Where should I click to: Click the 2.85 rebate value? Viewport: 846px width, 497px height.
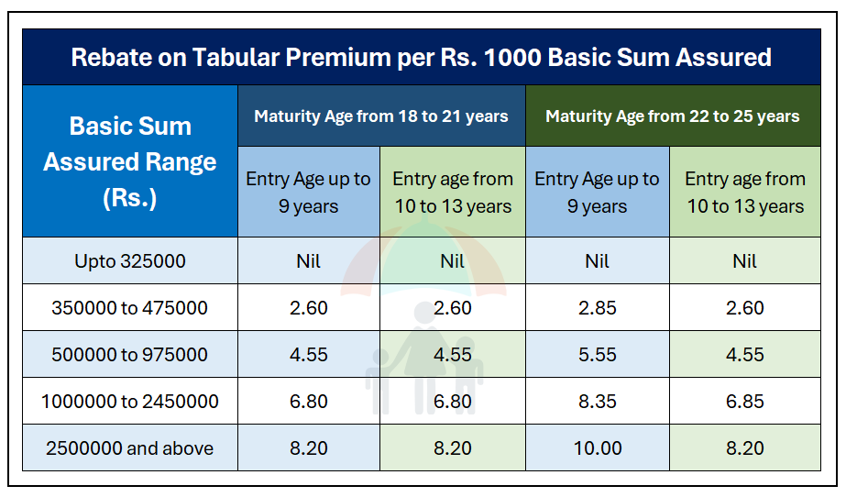pyautogui.click(x=598, y=308)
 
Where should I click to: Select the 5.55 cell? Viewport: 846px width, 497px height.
pyautogui.click(x=598, y=355)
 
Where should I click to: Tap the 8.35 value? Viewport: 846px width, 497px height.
pyautogui.click(x=598, y=402)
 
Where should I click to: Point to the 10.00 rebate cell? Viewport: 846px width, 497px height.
pyautogui.click(x=598, y=447)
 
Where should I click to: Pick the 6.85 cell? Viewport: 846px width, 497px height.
pyautogui.click(x=744, y=402)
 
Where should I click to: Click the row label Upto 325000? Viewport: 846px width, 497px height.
pyautogui.click(x=130, y=261)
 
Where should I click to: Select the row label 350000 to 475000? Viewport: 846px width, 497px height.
pyautogui.click(x=129, y=308)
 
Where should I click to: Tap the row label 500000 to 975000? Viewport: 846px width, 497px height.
pyautogui.click(x=129, y=355)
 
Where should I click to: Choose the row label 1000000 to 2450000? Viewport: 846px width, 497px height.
pyautogui.click(x=129, y=402)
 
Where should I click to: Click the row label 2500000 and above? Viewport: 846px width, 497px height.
pyautogui.click(x=129, y=447)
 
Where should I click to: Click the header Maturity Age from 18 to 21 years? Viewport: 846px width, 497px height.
pyautogui.click(x=381, y=116)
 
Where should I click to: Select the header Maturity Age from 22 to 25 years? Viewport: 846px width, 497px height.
pyautogui.click(x=672, y=116)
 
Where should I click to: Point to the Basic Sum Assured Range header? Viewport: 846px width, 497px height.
pyautogui.click(x=130, y=162)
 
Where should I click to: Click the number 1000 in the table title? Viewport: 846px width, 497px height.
pyautogui.click(x=512, y=57)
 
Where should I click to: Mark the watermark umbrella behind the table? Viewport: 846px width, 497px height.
pyautogui.click(x=423, y=259)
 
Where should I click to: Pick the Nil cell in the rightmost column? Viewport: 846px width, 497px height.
pyautogui.click(x=744, y=261)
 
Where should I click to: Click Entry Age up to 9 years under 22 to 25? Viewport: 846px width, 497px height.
pyautogui.click(x=598, y=193)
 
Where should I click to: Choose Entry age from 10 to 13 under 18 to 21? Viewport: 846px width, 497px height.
pyautogui.click(x=453, y=193)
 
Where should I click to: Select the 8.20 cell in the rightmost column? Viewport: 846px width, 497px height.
pyautogui.click(x=744, y=447)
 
